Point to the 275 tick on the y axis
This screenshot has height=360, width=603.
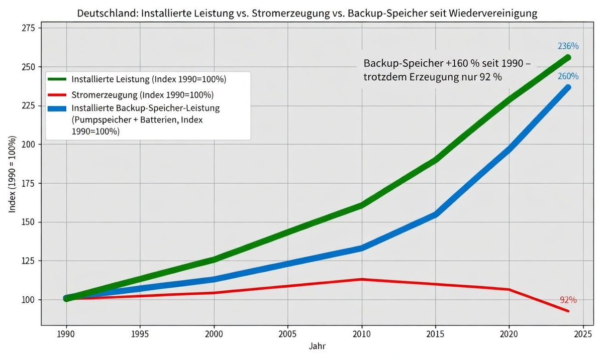click(28, 28)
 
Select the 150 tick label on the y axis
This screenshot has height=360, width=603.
click(28, 222)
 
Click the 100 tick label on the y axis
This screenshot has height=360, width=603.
click(28, 300)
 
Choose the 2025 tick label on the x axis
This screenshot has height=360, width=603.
click(583, 333)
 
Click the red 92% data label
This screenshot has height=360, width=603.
click(568, 300)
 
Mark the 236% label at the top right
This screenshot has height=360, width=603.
click(568, 46)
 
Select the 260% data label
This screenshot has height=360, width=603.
click(568, 76)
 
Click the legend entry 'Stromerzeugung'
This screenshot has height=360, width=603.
click(143, 95)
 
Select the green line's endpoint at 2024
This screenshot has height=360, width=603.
click(568, 57)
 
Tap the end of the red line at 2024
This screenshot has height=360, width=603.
click(568, 311)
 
